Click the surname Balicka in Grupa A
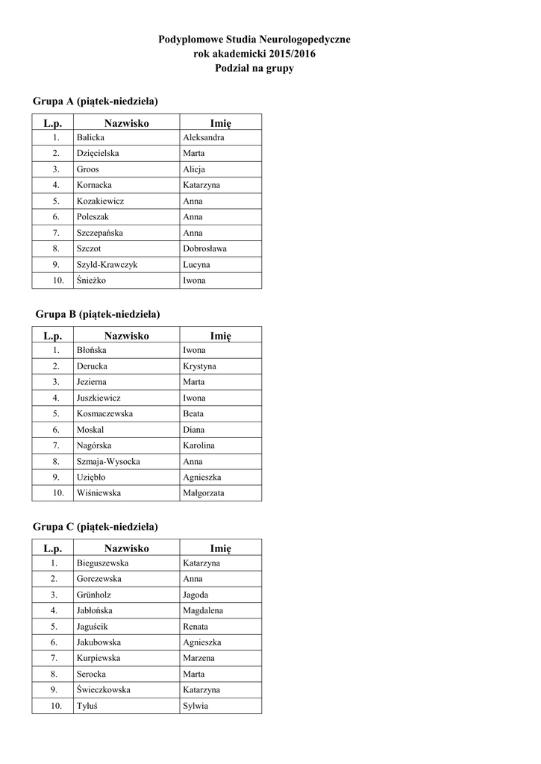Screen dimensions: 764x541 tap(90, 137)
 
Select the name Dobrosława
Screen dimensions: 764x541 tap(204, 248)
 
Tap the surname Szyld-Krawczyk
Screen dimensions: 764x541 tap(107, 265)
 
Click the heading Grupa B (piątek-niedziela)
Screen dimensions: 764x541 tap(98, 314)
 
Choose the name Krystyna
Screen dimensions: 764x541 tap(199, 366)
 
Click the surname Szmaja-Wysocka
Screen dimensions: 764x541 tap(108, 461)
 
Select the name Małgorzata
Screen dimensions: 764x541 tap(203, 493)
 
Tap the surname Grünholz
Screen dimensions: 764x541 tap(93, 595)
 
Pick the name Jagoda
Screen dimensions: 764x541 tap(196, 595)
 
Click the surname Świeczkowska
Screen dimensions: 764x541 tap(103, 690)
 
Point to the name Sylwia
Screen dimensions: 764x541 tap(196, 706)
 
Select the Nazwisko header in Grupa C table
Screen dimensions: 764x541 tap(126, 548)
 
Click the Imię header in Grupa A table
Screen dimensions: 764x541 tap(220, 122)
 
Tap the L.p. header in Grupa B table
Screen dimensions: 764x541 tap(53, 336)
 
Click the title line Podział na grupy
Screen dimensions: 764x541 tap(254, 69)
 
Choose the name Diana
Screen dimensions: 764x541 tap(193, 430)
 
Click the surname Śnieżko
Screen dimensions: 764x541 tap(92, 281)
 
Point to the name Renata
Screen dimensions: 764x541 tap(196, 627)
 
